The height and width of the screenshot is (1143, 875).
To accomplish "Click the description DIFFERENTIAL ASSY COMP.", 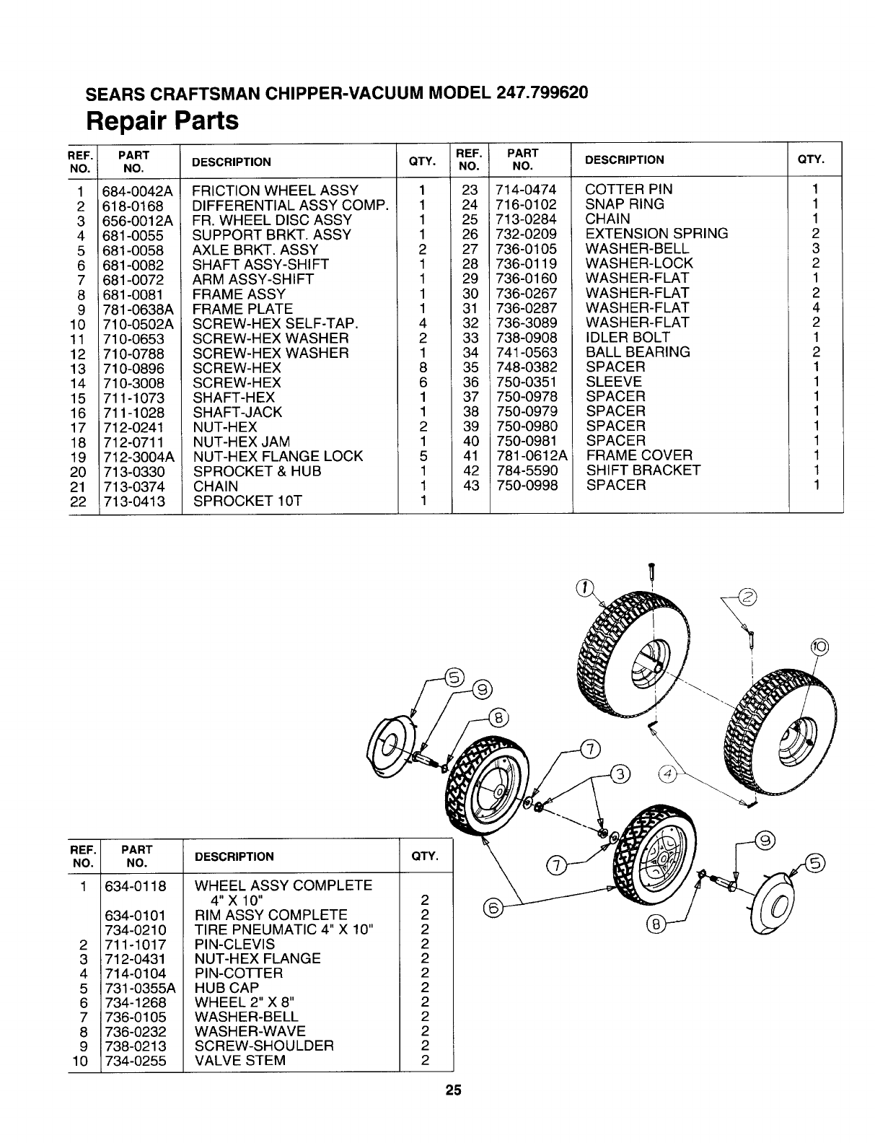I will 291,206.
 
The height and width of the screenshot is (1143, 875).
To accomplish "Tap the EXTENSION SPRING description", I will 656,234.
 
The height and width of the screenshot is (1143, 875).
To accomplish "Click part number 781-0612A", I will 530,455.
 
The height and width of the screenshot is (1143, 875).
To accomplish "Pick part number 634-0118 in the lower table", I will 135,885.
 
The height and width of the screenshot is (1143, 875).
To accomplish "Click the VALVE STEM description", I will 240,1061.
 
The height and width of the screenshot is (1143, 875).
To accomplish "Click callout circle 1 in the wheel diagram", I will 585,585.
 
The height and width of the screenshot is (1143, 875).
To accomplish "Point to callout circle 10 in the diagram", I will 820,647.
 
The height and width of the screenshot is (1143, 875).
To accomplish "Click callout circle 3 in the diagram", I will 620,775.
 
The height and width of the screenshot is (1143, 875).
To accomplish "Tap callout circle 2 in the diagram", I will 748,597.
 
